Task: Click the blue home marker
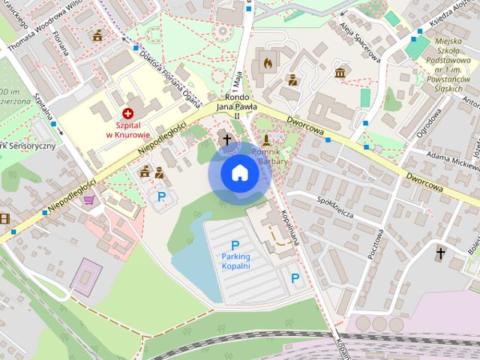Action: (x=238, y=173)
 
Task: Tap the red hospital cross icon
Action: (x=127, y=112)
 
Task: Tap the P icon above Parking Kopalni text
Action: (x=235, y=245)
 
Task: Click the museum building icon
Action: (x=340, y=73)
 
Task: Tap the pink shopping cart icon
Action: (x=89, y=199)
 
